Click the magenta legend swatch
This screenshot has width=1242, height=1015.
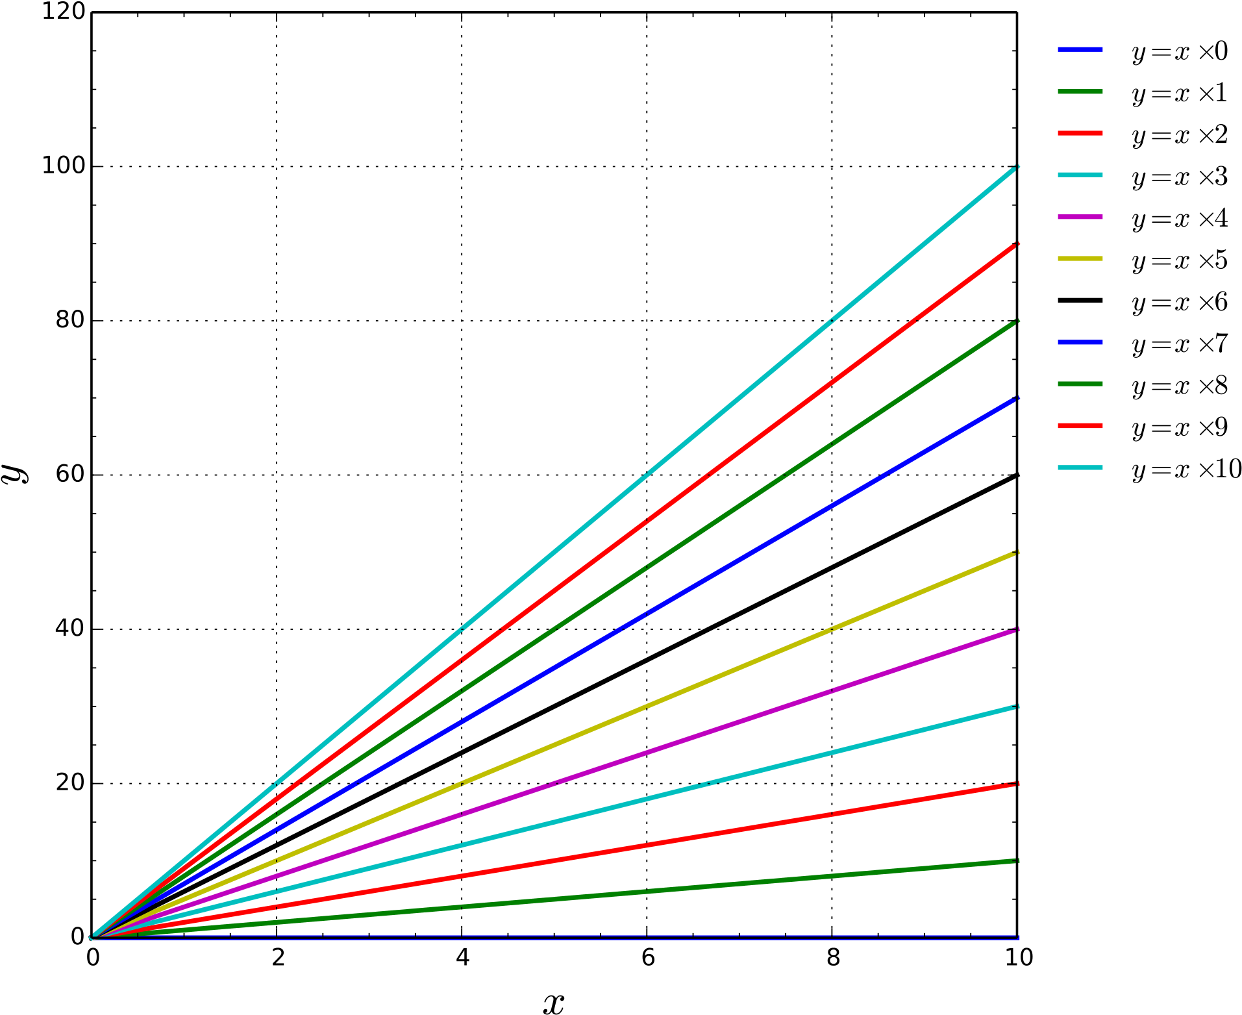[1080, 217]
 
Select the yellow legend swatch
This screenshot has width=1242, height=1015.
[1080, 258]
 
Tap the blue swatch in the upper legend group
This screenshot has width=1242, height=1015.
[1080, 49]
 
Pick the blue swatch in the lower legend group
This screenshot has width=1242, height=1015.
[1080, 342]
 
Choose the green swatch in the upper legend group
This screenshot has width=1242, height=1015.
[1080, 92]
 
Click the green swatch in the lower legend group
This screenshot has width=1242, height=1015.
[1080, 384]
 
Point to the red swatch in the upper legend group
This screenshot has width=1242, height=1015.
[1080, 133]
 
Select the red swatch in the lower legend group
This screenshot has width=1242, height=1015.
[1080, 426]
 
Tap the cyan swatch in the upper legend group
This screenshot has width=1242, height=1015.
[1080, 175]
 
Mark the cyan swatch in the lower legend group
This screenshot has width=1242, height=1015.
[1080, 468]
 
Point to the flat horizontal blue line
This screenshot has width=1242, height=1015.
[584, 936]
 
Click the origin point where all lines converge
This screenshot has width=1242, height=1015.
[92, 937]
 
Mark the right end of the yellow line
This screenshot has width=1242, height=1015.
[1016, 553]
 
